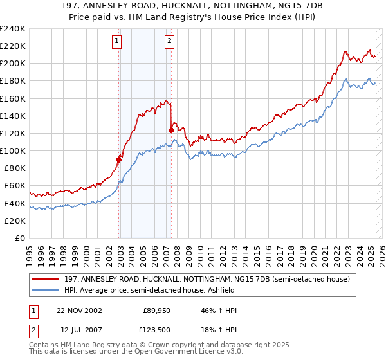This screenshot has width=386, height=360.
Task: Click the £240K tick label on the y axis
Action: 12,29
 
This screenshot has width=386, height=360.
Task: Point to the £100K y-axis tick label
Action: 12,150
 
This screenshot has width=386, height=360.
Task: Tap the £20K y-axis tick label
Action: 15,221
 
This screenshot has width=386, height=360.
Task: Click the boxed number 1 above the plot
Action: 116,42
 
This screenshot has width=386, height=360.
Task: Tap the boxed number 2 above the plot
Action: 169,42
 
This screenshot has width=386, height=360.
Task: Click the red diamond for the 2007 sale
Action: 171,130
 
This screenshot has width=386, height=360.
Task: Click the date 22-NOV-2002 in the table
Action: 80,310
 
